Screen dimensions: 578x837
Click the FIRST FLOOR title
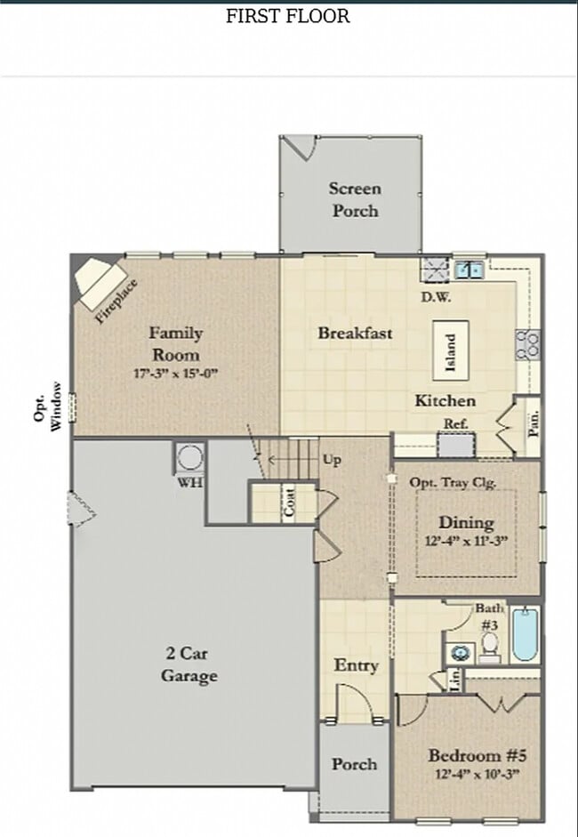288,16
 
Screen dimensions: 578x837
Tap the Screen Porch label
355,199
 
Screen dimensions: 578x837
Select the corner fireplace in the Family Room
100,284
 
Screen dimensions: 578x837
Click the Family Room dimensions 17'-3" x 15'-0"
175,373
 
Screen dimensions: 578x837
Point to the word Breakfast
355,333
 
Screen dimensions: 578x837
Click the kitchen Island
451,350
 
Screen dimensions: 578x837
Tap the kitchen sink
470,269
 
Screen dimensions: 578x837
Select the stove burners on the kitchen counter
527,344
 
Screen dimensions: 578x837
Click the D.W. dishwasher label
436,297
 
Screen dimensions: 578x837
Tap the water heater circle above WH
189,457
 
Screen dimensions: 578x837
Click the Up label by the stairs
332,460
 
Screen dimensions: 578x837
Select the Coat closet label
289,503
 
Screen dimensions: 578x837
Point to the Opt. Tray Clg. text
453,482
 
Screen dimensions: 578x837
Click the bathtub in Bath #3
525,635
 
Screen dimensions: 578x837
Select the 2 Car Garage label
189,664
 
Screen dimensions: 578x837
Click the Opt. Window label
48,406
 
